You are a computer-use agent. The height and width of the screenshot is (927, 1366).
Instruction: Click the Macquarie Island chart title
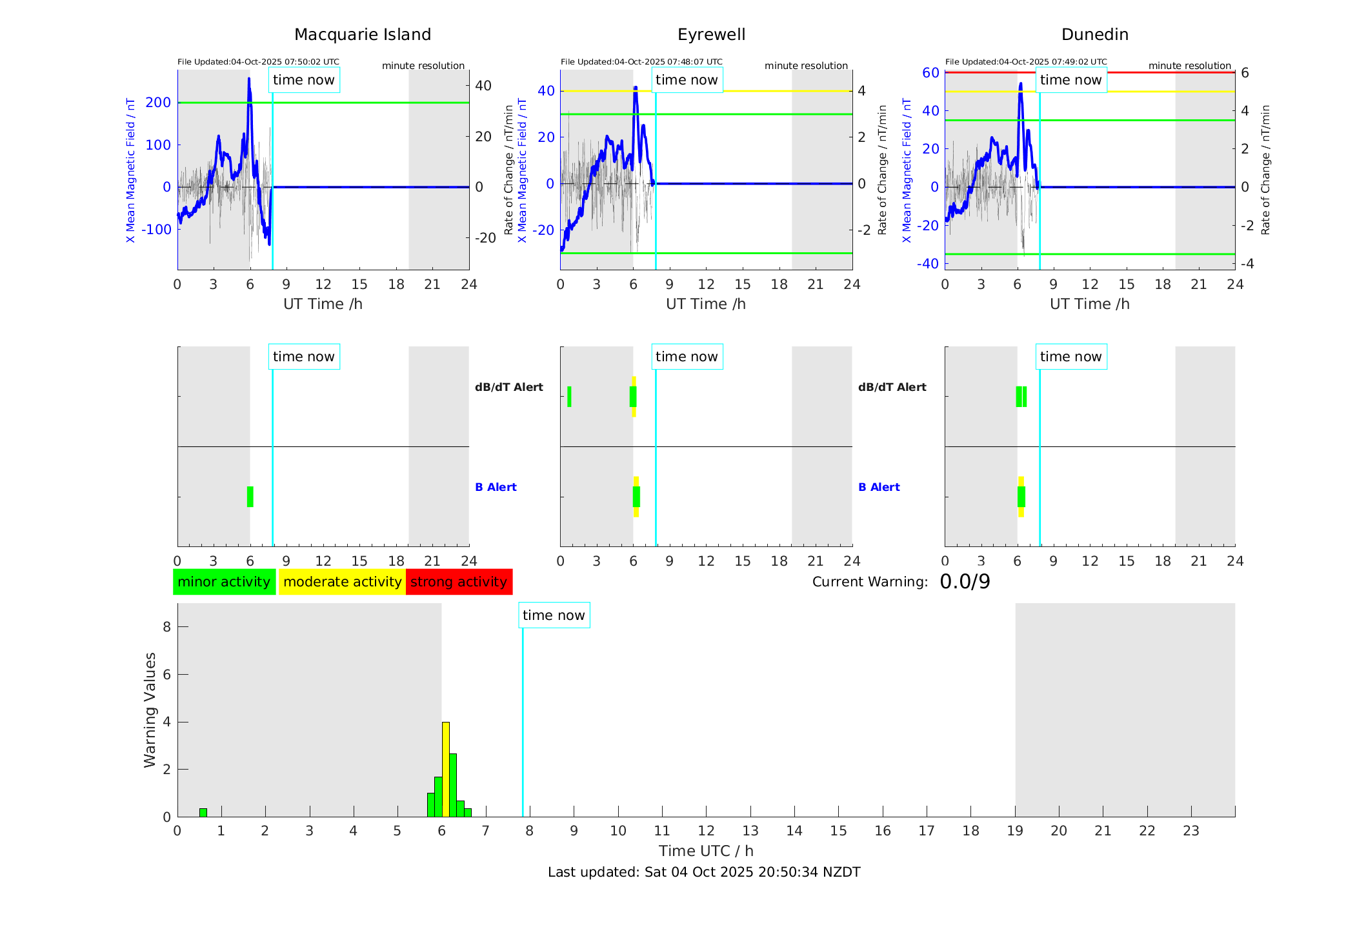click(362, 35)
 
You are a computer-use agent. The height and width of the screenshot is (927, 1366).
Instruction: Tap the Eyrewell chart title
click(711, 35)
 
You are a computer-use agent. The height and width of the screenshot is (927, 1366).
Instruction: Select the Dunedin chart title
click(1094, 35)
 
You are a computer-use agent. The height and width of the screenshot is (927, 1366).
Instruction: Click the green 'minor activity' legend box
click(224, 582)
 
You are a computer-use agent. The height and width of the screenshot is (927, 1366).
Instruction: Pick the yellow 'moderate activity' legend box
click(342, 582)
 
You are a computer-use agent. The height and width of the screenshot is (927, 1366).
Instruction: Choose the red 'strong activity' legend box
click(459, 582)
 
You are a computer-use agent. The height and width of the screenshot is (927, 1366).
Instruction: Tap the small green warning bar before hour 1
click(203, 813)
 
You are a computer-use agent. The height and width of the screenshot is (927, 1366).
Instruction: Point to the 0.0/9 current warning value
click(965, 582)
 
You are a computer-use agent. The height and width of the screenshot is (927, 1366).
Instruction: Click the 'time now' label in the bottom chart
click(554, 615)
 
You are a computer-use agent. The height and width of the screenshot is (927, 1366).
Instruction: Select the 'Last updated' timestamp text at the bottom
click(704, 872)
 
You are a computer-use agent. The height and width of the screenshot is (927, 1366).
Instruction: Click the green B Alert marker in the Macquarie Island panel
click(250, 497)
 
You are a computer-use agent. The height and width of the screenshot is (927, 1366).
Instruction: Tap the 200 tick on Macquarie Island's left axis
click(159, 103)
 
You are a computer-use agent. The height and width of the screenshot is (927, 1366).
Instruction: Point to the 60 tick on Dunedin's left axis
click(930, 72)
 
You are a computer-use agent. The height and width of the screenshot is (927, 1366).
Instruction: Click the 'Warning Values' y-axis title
click(150, 710)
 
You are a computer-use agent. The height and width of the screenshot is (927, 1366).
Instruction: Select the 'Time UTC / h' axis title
click(706, 851)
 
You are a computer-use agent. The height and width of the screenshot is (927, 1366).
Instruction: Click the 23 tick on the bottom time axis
click(1190, 831)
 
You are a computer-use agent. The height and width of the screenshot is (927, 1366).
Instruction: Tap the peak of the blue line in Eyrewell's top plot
click(636, 87)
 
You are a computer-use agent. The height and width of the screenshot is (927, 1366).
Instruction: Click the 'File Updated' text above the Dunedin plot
click(1026, 62)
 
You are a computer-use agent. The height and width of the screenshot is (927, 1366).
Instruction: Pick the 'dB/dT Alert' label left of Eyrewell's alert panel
click(509, 387)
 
